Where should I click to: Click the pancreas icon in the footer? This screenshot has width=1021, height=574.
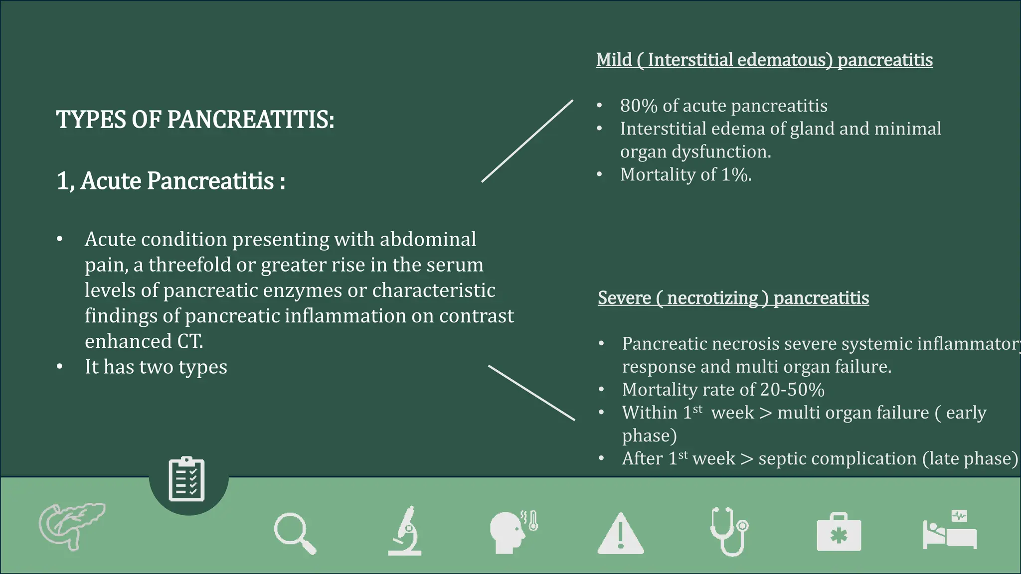pos(71,526)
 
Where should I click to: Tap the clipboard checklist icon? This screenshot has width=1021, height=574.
pos(187,479)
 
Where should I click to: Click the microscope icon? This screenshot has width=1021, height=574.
pos(405,531)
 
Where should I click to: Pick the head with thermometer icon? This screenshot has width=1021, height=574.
pos(512,531)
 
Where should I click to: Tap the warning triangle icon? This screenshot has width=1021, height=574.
pos(621,534)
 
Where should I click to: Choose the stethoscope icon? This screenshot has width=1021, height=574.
pos(729,531)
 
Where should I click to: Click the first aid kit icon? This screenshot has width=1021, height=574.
pos(839,533)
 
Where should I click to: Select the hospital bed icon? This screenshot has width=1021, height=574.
pos(950,531)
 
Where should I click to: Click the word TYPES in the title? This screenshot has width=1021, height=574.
pos(90,120)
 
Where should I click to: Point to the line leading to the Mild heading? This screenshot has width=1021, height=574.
pos(527,141)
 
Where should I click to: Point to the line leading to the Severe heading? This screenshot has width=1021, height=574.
pos(531,393)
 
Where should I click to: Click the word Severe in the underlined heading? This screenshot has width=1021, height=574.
pos(624,298)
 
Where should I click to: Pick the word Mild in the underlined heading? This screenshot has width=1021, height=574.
pos(614,60)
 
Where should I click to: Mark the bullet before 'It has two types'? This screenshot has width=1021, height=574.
pos(60,367)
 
